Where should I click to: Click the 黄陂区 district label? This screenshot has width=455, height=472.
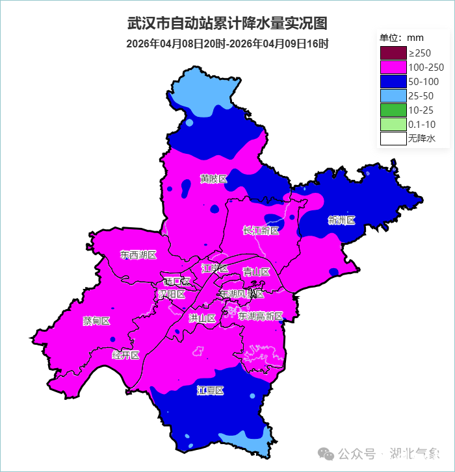213,179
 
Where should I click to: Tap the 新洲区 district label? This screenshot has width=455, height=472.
342,220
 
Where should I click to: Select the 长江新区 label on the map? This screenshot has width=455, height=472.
261,230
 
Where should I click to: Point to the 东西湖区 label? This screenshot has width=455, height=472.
138,255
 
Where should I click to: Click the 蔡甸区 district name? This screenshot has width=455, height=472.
96,321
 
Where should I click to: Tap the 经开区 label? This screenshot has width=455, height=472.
125,355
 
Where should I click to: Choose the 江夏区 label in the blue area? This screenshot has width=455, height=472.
210,390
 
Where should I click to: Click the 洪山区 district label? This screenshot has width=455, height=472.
201,318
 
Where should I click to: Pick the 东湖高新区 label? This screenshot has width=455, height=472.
260,316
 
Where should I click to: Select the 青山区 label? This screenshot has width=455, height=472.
256,271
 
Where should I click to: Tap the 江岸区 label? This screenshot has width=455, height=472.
214,268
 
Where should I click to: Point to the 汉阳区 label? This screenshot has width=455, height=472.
172,294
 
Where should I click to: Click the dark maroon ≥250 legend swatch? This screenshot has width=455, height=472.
393,53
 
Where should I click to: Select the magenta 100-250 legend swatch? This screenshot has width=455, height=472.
393,67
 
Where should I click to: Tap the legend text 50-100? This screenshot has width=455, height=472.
423,81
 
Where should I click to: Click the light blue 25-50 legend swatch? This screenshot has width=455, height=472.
393,95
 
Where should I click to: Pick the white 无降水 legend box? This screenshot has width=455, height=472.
393,138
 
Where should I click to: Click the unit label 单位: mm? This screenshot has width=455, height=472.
401,38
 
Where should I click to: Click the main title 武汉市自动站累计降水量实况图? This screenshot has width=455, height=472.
227,23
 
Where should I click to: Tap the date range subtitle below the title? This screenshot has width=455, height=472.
227,44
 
